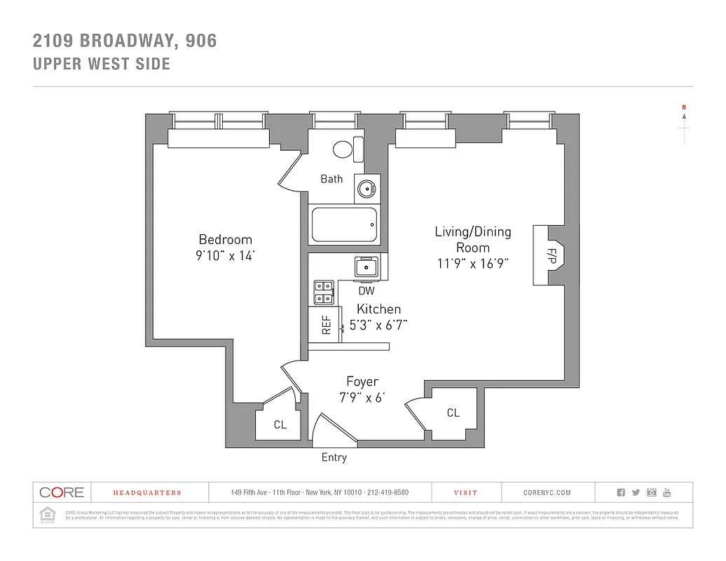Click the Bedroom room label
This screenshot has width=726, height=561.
[x=225, y=239]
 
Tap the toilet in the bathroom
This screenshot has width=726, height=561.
[x=343, y=149]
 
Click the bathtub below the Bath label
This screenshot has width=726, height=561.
[x=344, y=225]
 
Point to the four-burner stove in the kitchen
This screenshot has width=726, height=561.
[x=323, y=292]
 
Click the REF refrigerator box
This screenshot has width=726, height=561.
[x=326, y=325]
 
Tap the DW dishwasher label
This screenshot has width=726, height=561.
[x=366, y=290]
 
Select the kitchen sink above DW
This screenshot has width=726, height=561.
[x=366, y=266]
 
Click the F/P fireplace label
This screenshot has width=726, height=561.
[x=552, y=256]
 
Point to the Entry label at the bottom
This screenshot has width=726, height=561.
[x=334, y=457]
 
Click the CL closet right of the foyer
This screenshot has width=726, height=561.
[x=453, y=413]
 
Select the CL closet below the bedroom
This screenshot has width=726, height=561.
[x=280, y=424]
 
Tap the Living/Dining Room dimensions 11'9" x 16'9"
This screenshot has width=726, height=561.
[x=472, y=264]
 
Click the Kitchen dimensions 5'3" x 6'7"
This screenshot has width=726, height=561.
[x=378, y=325]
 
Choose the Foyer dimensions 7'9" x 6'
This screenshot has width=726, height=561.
[x=362, y=398]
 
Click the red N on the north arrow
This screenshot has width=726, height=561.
[x=683, y=107]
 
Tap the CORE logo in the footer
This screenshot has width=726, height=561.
[x=62, y=492]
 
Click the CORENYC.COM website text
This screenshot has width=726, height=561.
[x=547, y=493]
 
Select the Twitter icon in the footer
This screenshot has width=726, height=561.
[x=636, y=492]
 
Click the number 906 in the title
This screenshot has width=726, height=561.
[x=201, y=41]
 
